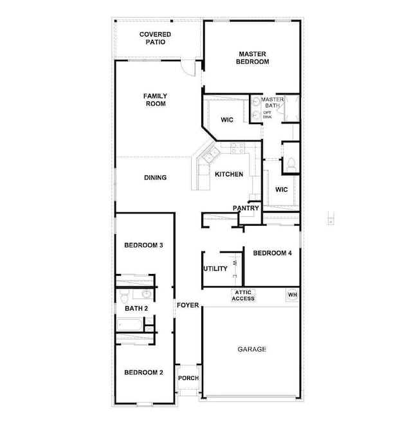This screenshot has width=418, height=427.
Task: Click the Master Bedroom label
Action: point(253,58)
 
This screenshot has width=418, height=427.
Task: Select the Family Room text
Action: point(155,100)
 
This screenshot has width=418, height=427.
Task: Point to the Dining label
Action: point(155,177)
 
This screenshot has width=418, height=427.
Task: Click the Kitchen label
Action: point(229,174)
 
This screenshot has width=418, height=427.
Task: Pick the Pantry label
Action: point(246,208)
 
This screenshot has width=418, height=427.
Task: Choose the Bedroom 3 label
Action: point(143,246)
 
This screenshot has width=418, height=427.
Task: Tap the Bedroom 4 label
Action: point(272,253)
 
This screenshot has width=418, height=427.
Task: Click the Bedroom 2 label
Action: point(143,372)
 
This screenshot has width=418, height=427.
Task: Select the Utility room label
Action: point(215,269)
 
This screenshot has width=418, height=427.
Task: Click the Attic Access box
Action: point(243,296)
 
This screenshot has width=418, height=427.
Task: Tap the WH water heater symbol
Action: point(293,295)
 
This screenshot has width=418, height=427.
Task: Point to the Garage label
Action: point(252,349)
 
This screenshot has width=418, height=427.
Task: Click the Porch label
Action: point(188,378)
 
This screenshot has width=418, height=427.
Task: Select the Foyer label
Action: point(188,305)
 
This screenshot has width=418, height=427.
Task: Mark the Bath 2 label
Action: point(136,309)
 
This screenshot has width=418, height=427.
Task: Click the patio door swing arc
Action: point(188,66)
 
